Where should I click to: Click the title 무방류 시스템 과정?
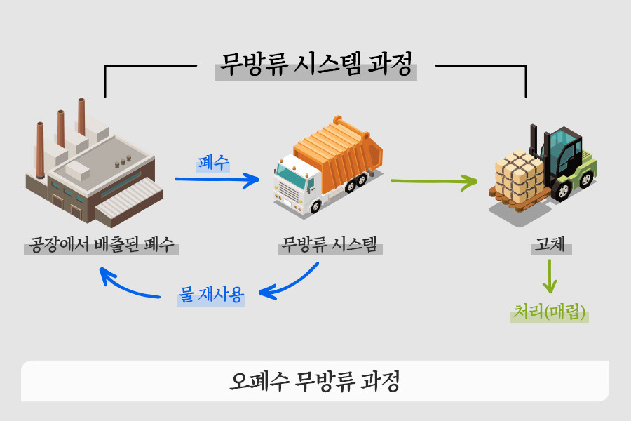pos(316,65)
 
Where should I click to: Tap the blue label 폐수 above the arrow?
pos(213,162)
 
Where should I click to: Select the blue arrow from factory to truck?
pos(217,180)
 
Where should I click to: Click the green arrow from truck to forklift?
pos(434,182)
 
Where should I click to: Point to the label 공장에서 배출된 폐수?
pos(101,244)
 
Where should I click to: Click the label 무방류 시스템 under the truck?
pos(330,244)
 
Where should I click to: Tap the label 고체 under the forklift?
pos(550,244)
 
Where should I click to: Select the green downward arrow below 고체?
pos(550,276)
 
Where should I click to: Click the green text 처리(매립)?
pos(549,312)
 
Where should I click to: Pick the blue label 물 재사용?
pos(211,295)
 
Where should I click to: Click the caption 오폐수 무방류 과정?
pos(315,381)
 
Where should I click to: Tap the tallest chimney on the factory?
pos(82,117)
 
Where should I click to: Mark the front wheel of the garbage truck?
pos(315,207)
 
